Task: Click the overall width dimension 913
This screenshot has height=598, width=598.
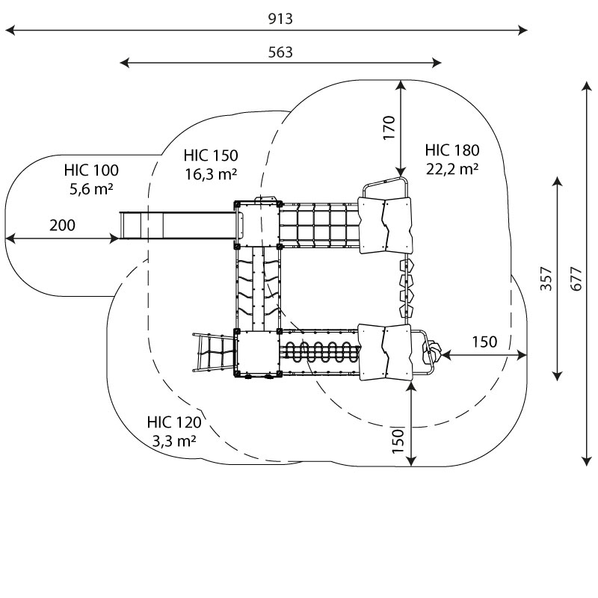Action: click(280, 19)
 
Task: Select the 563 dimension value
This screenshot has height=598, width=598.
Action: click(280, 52)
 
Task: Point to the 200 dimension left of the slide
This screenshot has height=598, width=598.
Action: click(63, 225)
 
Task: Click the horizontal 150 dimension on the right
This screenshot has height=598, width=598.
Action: click(484, 342)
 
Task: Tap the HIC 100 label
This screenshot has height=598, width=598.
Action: click(91, 170)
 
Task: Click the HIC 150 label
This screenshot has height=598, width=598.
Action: click(211, 155)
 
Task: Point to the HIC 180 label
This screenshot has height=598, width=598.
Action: click(452, 149)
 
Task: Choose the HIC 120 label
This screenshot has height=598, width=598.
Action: click(174, 422)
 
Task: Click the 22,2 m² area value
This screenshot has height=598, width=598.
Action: click(452, 169)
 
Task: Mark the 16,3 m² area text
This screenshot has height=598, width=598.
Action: click(211, 174)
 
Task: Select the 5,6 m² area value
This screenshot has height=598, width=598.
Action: click(91, 189)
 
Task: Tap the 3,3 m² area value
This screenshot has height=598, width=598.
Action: click(174, 441)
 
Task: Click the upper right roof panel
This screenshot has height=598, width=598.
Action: click(386, 225)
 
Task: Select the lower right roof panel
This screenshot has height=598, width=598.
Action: click(385, 352)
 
